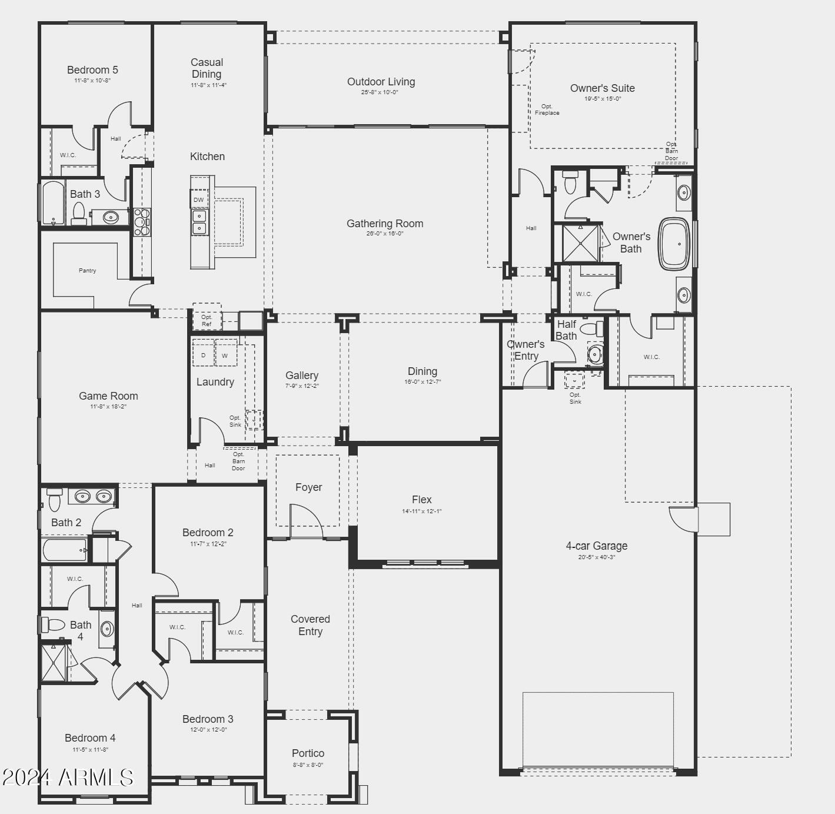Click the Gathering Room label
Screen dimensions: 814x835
click(385, 224)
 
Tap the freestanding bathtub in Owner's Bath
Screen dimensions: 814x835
click(674, 244)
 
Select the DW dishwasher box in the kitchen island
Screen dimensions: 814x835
click(199, 200)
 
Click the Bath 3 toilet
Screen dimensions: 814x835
click(79, 213)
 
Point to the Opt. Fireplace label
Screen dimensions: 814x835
click(547, 109)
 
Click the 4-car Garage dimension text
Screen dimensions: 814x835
click(596, 557)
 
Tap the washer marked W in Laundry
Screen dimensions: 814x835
click(225, 355)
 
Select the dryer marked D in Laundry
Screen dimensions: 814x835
click(203, 355)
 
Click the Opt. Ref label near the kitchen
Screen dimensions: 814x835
click(207, 320)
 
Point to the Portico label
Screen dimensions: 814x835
click(308, 753)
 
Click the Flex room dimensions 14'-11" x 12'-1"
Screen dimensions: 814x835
click(421, 511)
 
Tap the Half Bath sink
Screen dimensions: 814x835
click(595, 354)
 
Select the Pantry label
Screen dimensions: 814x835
click(87, 271)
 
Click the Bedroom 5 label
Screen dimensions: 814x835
click(92, 70)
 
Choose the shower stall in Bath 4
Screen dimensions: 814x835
click(54, 663)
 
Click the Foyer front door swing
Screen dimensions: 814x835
click(306, 521)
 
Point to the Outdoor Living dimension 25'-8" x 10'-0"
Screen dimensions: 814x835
click(380, 92)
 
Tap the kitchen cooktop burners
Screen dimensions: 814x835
click(142, 221)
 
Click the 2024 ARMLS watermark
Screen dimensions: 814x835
click(68, 778)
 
